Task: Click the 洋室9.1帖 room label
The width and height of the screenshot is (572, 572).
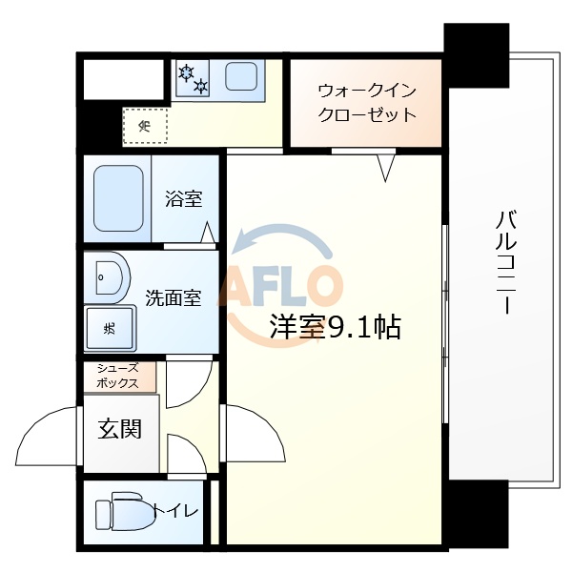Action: coord(334,328)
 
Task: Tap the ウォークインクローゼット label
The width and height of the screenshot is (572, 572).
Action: coord(367,103)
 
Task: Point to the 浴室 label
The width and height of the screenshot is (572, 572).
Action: coord(183,199)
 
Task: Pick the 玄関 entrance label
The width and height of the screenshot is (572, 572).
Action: coord(120,429)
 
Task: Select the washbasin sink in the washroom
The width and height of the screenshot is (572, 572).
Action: coord(108,278)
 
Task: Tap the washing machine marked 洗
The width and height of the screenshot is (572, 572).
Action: coord(110,329)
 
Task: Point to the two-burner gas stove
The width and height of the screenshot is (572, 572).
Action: coord(193,78)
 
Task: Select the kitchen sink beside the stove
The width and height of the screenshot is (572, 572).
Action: coord(240,76)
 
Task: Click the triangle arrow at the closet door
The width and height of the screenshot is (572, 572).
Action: coord(386,168)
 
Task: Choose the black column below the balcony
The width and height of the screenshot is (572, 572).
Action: coord(478,515)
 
